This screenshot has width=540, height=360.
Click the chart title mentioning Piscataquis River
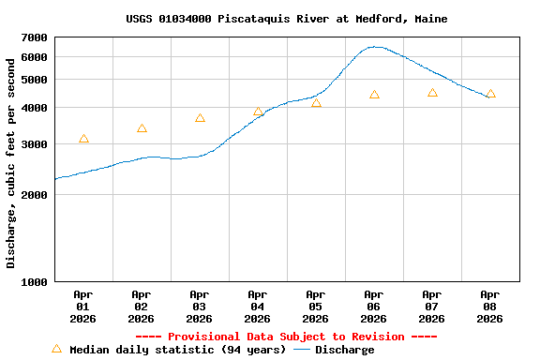click(x=286, y=19)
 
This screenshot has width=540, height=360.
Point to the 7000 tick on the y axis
click(x=34, y=37)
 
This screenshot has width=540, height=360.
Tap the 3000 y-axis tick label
click(x=34, y=144)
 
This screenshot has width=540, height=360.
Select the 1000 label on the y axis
click(x=34, y=281)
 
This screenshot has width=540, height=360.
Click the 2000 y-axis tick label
click(x=34, y=195)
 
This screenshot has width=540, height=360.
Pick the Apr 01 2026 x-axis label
click(x=83, y=307)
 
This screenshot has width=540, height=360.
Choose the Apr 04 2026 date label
click(x=258, y=307)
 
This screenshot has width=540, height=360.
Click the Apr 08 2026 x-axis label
click(x=490, y=307)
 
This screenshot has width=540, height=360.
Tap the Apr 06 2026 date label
click(x=374, y=307)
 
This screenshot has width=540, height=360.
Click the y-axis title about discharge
click(x=11, y=163)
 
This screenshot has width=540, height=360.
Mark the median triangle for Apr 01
click(x=84, y=139)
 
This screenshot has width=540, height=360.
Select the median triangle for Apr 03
click(x=200, y=118)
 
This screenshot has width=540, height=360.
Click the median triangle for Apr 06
click(x=374, y=95)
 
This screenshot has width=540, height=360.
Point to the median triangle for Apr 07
click(x=432, y=93)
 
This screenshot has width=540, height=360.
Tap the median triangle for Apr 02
click(x=142, y=128)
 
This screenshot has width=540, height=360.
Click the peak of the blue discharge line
click(x=375, y=46)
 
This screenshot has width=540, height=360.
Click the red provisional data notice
click(x=286, y=337)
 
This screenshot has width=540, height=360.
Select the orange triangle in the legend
click(x=56, y=349)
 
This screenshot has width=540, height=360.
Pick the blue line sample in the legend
click(x=302, y=350)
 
